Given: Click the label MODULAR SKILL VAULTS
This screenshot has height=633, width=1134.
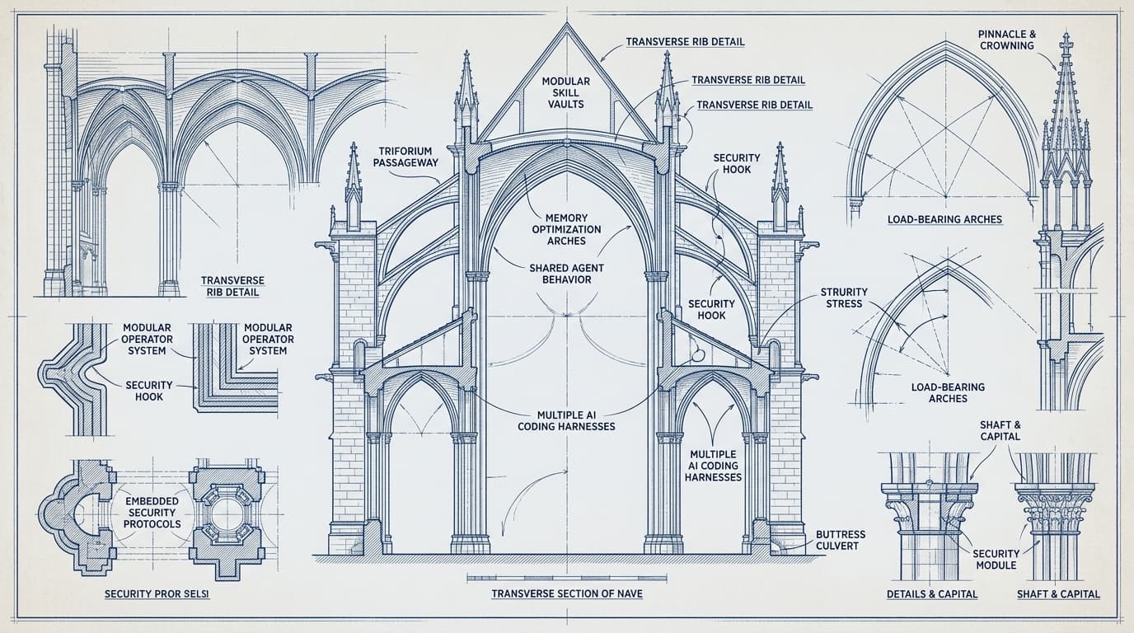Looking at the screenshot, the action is click(566, 92).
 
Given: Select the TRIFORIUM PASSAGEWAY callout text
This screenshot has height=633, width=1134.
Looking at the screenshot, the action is click(405, 157).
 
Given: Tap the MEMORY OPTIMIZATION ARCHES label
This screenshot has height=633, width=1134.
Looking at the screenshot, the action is click(566, 229).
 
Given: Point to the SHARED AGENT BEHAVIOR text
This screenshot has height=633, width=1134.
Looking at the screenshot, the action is click(566, 274).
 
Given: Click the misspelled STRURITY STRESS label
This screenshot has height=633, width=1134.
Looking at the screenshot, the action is click(844, 298).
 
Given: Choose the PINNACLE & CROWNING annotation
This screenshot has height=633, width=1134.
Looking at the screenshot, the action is click(1007, 40).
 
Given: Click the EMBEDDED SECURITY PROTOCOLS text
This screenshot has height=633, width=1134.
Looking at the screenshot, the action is click(152, 513).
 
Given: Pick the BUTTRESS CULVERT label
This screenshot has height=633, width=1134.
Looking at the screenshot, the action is click(841, 541).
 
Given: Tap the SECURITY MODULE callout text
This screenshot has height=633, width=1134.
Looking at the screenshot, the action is click(996, 560).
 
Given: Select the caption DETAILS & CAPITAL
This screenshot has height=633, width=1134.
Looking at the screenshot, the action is click(932, 594).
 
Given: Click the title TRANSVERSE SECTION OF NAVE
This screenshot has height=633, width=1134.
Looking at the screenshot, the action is click(567, 593).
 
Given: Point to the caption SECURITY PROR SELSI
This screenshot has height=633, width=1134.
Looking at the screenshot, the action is click(157, 593).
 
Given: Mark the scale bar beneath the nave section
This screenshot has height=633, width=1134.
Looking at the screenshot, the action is click(566, 577).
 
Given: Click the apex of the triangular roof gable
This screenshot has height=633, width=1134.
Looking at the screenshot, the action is click(566, 23).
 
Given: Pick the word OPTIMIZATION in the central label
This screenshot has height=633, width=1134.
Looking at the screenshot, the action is click(566, 229).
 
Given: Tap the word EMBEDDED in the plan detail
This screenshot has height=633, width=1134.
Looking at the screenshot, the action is click(152, 501).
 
